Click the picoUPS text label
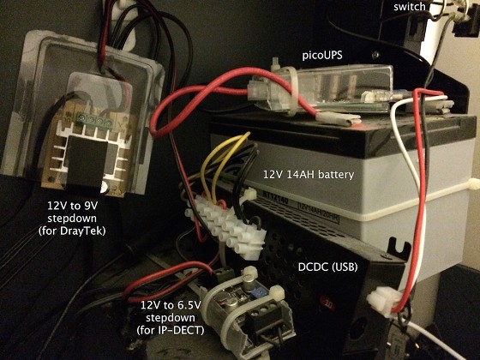322,56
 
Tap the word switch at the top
410,7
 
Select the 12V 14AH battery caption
309,175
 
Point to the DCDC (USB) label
327,267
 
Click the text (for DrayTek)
72,231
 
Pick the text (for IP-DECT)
171,330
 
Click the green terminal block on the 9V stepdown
95,119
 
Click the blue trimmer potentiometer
255,293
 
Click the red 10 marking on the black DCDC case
327,304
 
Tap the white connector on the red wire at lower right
382,301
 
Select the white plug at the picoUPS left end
257,89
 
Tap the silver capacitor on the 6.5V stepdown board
231,305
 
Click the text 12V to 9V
72,206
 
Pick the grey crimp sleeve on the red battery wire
339,119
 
